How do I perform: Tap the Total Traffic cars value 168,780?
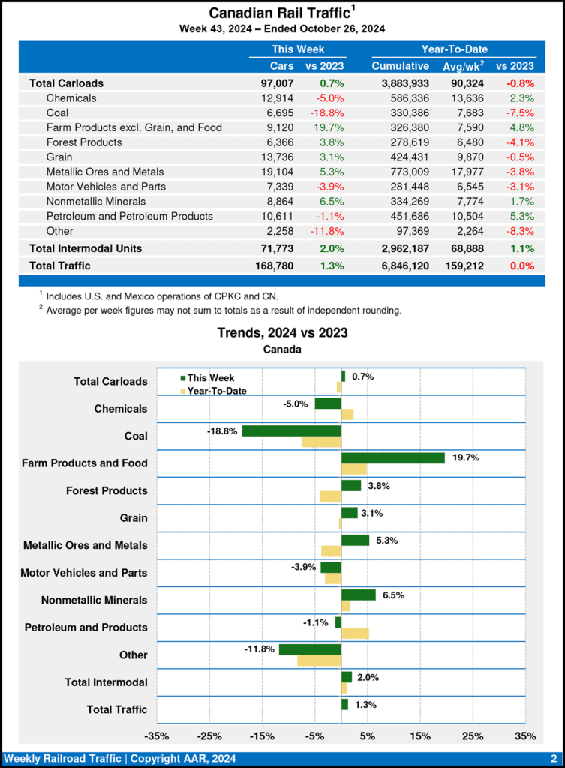[273, 265]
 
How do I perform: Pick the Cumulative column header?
[400, 66]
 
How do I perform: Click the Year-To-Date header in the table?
[454, 49]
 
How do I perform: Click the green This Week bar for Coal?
[291, 431]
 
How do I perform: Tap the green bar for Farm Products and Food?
[393, 458]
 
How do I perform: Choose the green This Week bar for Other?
[310, 649]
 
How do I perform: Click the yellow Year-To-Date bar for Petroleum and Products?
[355, 634]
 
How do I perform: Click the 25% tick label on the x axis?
[473, 736]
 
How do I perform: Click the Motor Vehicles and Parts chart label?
[84, 573]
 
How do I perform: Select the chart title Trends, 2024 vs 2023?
[282, 332]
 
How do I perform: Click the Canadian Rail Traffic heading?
[279, 13]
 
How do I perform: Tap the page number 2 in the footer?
[553, 758]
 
